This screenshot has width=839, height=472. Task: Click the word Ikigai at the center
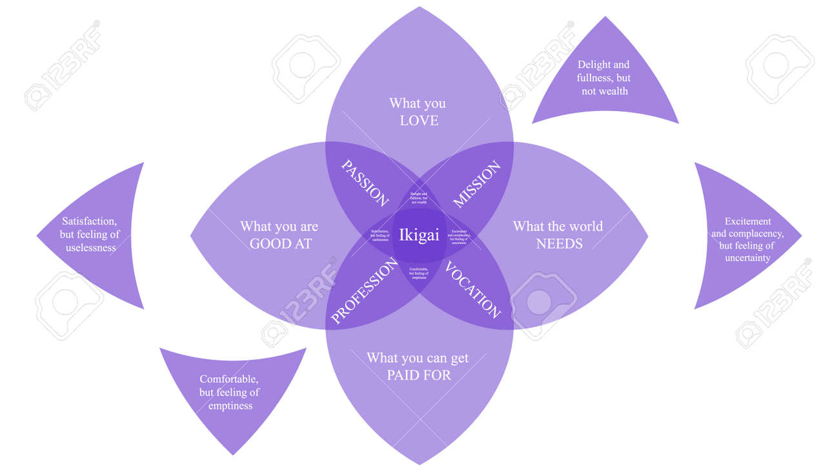pyautogui.click(x=419, y=235)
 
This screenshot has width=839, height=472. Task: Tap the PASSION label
pyautogui.click(x=365, y=183)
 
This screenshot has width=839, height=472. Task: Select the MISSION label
pyautogui.click(x=476, y=185)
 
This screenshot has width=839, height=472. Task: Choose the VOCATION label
pyautogui.click(x=473, y=290)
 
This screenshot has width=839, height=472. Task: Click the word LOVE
pyautogui.click(x=419, y=121)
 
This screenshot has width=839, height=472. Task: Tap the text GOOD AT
pyautogui.click(x=280, y=244)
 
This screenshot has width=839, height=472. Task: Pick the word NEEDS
pyautogui.click(x=559, y=244)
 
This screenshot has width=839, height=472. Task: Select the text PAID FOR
pyautogui.click(x=418, y=375)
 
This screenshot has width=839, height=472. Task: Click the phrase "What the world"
pyautogui.click(x=558, y=227)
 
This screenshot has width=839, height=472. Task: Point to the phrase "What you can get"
pyautogui.click(x=418, y=358)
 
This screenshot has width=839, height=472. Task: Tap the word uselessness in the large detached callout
pyautogui.click(x=91, y=248)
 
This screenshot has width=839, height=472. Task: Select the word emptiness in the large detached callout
pyautogui.click(x=230, y=405)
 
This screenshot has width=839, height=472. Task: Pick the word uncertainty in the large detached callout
pyautogui.click(x=747, y=258)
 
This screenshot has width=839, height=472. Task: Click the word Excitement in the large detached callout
pyautogui.click(x=747, y=221)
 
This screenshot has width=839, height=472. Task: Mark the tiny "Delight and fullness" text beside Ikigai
pyautogui.click(x=419, y=198)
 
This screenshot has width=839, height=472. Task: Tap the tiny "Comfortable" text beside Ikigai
pyautogui.click(x=419, y=272)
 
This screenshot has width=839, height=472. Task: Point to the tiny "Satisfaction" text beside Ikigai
pyautogui.click(x=380, y=235)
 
